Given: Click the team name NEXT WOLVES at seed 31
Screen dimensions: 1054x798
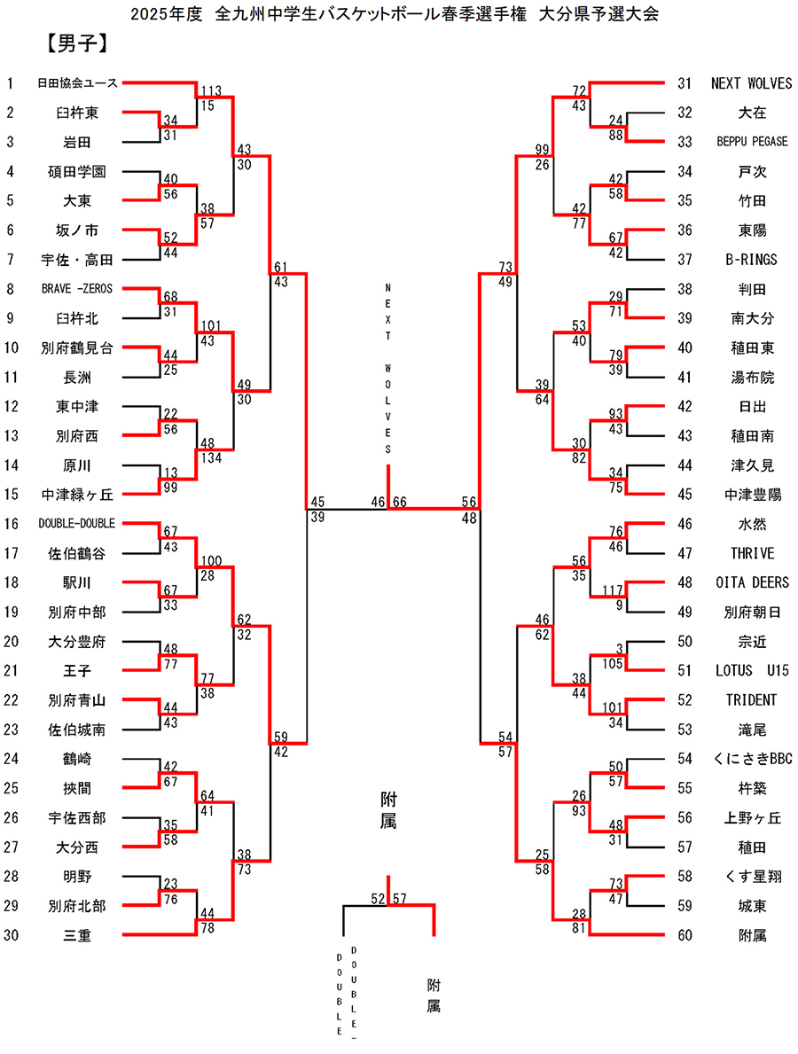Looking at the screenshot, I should (x=752, y=83).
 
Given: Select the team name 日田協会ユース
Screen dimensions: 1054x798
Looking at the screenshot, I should (x=78, y=83).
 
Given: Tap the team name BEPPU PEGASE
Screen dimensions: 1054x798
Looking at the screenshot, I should (x=752, y=142).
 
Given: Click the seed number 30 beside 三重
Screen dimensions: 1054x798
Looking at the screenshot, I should (x=11, y=934).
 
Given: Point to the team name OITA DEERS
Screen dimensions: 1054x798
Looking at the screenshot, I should (x=752, y=582).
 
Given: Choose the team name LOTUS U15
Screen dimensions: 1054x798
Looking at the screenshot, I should (x=752, y=670).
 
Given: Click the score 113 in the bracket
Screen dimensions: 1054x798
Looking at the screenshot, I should (x=211, y=90).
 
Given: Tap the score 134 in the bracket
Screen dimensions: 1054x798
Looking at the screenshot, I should (x=211, y=457).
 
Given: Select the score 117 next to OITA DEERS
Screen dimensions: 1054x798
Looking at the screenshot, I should (x=611, y=589).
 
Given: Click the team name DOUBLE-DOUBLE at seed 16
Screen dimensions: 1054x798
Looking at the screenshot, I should (x=78, y=524).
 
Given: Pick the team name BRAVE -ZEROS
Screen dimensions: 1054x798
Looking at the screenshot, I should (x=78, y=289).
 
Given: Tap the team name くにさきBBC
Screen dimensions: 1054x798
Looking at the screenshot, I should (x=752, y=758).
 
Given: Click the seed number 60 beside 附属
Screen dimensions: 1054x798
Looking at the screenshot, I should (x=684, y=934).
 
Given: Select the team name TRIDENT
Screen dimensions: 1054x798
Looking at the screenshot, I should (x=752, y=699).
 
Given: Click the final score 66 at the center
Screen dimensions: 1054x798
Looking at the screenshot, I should (x=399, y=502).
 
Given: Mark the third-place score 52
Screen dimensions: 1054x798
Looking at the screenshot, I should (x=379, y=898).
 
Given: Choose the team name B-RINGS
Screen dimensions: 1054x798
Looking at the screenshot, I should (x=752, y=260).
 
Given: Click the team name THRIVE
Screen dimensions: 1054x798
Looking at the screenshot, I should (x=752, y=553).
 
